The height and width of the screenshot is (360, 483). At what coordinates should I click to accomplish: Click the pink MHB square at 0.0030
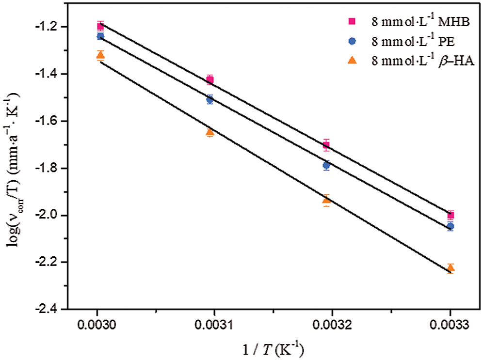tap(100, 26)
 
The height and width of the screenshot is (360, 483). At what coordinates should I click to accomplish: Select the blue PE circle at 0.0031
tap(209, 100)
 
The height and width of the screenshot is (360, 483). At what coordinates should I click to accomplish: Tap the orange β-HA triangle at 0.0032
tap(326, 200)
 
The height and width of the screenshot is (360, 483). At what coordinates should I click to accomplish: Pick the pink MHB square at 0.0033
tap(451, 215)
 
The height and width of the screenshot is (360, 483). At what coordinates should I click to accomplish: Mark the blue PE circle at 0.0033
tap(451, 226)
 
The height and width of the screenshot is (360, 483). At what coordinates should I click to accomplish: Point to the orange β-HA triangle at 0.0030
tap(100, 55)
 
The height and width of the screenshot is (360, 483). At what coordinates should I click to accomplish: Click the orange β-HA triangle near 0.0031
tap(209, 132)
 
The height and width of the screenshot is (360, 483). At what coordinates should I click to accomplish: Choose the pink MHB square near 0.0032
tap(326, 144)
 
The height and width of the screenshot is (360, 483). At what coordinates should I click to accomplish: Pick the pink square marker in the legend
tap(353, 21)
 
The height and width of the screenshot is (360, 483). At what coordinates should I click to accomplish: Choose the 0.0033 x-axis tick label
tap(451, 324)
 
